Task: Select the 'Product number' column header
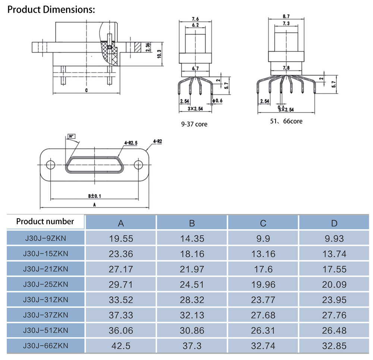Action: [x=45, y=222]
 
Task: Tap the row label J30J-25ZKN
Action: [x=46, y=285]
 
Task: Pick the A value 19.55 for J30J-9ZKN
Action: [x=121, y=238]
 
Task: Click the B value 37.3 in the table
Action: [x=192, y=346]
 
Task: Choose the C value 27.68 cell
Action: [x=263, y=315]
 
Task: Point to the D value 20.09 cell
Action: [x=334, y=285]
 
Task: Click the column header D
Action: [x=334, y=223]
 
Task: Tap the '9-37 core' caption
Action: [x=194, y=124]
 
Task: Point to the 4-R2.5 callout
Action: [x=131, y=143]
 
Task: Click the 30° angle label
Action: [x=71, y=137]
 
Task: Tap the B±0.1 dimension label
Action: [x=94, y=195]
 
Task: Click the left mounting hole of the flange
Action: [x=50, y=165]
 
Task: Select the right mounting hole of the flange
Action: [x=138, y=165]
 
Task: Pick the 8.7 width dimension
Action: [x=286, y=16]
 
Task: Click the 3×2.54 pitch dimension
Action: [x=196, y=109]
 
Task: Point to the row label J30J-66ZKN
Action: [x=46, y=346]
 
